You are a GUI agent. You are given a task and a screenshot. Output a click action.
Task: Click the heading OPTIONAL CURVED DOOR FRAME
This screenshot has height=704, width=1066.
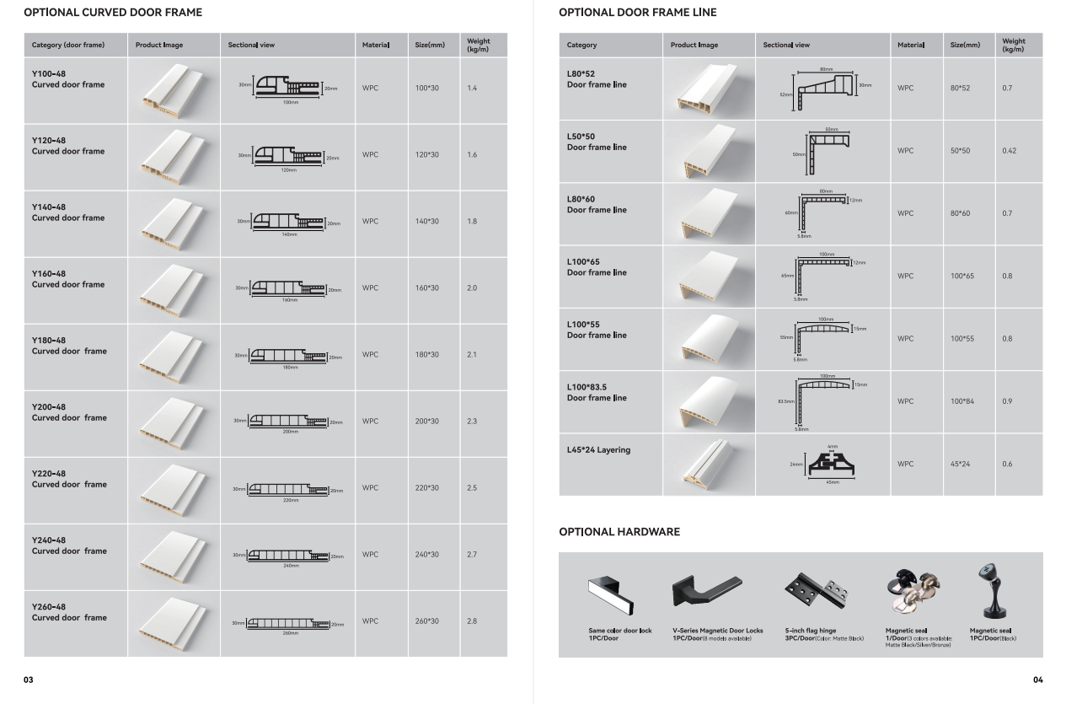113,13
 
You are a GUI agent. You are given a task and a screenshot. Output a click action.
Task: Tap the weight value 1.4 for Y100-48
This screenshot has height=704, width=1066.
472,89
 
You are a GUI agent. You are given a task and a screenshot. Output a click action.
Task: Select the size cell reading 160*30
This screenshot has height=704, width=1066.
426,288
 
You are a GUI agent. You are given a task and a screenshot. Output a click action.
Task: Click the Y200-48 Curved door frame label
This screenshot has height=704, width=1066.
69,412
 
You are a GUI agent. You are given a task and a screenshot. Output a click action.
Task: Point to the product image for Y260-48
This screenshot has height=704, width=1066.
169,622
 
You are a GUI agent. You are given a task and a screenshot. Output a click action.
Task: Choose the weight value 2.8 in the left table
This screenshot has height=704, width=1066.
472,621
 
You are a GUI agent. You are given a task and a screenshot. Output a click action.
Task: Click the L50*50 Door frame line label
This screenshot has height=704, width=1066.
597,142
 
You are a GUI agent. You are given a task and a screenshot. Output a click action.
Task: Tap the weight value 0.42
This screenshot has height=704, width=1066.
1010,151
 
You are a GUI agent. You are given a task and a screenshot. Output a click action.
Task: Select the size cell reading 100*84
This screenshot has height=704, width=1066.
962,401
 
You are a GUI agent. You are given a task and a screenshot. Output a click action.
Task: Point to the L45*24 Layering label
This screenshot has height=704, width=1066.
598,449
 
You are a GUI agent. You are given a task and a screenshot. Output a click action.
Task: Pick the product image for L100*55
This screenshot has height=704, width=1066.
708,338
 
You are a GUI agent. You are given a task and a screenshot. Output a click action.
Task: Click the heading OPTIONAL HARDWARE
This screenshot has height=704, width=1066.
619,532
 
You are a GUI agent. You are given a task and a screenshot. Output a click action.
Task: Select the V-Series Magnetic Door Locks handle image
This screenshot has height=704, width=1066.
706,589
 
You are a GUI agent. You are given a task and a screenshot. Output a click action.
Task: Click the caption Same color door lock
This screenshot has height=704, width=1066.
619,631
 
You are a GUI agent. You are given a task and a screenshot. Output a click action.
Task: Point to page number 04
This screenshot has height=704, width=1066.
1037,680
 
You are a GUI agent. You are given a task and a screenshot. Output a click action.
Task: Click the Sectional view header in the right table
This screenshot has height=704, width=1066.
786,45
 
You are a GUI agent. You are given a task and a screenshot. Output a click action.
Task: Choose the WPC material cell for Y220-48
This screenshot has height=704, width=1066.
370,488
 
